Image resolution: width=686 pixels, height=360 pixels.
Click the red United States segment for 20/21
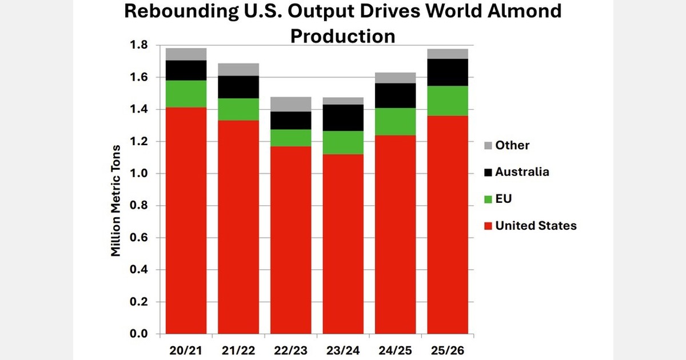click(x=186, y=220)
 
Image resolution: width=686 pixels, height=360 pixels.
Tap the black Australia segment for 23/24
click(x=343, y=118)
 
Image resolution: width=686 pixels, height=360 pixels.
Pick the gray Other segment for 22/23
click(x=290, y=104)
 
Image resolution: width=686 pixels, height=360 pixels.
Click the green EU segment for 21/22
click(x=238, y=109)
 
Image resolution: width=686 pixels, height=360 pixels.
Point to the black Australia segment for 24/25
click(x=395, y=95)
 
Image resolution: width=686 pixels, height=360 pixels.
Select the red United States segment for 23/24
click(x=343, y=243)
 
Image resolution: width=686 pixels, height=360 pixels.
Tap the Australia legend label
click(x=522, y=171)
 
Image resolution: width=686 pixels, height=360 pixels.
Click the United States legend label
click(x=536, y=226)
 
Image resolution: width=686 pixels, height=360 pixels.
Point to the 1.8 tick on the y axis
click(x=139, y=45)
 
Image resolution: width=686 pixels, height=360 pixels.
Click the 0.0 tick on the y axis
click(x=139, y=334)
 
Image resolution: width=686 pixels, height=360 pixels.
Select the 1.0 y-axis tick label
click(x=139, y=173)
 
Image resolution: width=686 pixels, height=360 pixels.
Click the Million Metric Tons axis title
click(x=116, y=189)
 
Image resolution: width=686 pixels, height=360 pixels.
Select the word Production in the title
click(x=343, y=35)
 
